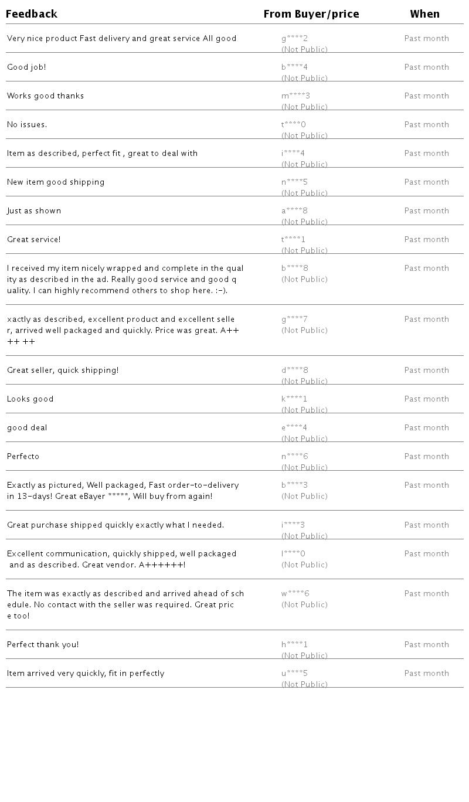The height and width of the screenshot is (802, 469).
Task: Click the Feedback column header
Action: tap(32, 14)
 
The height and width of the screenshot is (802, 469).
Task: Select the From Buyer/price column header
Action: tap(311, 14)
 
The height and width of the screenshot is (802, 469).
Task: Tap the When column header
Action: tap(425, 14)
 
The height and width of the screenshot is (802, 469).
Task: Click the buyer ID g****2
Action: tap(294, 39)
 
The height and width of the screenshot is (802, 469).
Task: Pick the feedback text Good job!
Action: tap(26, 67)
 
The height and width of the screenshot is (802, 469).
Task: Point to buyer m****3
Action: tap(295, 96)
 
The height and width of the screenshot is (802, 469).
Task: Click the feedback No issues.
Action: tap(27, 125)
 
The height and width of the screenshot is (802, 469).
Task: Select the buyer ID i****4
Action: tap(293, 154)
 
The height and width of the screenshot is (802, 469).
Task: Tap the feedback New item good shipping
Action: tap(56, 182)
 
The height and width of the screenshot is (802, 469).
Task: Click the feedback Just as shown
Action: tap(34, 211)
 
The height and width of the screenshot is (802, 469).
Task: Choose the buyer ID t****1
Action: tap(293, 240)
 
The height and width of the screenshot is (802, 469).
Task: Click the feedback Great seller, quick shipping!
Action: tap(63, 371)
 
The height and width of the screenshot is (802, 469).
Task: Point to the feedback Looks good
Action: tap(30, 399)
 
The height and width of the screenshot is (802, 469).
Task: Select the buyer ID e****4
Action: tap(294, 428)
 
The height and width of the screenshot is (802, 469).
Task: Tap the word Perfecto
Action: tap(23, 457)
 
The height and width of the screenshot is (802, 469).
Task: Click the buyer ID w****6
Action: tap(295, 594)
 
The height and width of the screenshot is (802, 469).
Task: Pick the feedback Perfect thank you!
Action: tap(43, 645)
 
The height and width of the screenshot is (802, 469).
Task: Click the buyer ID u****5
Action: tap(294, 674)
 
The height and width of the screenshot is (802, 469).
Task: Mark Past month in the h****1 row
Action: tap(427, 645)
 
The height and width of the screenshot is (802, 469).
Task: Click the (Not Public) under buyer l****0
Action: tap(304, 565)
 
